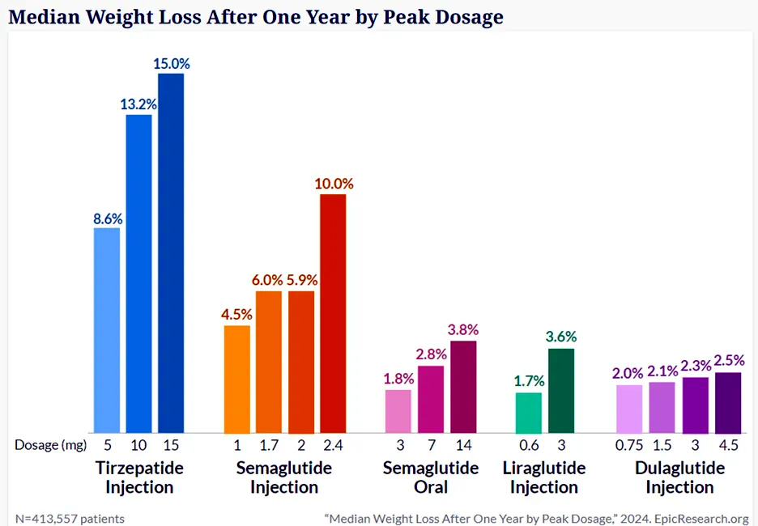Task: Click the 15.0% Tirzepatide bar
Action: tap(171, 252)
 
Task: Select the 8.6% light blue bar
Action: tap(107, 329)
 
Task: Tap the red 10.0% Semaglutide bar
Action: tap(333, 312)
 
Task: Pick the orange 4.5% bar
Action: tap(237, 379)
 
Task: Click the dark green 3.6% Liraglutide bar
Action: tap(561, 390)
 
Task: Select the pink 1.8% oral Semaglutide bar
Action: tap(398, 411)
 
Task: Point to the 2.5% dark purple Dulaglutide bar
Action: tap(728, 402)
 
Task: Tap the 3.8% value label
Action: tap(463, 329)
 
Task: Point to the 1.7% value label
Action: tap(528, 381)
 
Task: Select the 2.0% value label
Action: tap(628, 373)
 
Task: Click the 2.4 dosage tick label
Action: tap(333, 444)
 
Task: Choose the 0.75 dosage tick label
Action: tap(629, 444)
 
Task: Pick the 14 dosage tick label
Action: tap(463, 444)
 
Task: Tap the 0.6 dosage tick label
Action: tap(528, 444)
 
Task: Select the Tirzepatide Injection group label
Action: tap(139, 477)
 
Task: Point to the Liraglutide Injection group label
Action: tap(544, 477)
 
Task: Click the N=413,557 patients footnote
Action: tap(70, 518)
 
